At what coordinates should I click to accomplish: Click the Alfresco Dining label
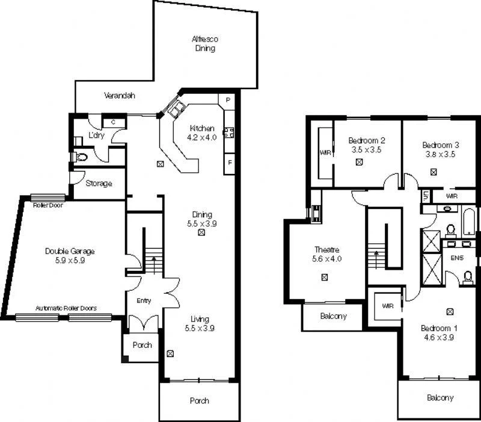[204, 43]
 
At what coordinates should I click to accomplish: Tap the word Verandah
[119, 96]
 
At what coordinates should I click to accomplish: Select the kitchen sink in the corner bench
[177, 108]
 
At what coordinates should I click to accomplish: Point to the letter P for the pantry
[228, 100]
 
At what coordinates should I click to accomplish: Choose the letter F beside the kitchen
[229, 163]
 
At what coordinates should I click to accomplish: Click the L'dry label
[96, 135]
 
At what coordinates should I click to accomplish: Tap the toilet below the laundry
[81, 157]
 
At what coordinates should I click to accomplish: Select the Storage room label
[98, 184]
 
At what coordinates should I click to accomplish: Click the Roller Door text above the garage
[49, 205]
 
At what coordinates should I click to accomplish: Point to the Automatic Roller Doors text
[66, 308]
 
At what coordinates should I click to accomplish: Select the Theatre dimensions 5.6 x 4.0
[326, 259]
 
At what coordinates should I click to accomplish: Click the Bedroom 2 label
[366, 140]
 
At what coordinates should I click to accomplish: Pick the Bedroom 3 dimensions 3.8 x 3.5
[440, 154]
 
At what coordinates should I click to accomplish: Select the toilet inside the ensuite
[468, 276]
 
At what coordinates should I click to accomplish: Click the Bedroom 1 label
[439, 328]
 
